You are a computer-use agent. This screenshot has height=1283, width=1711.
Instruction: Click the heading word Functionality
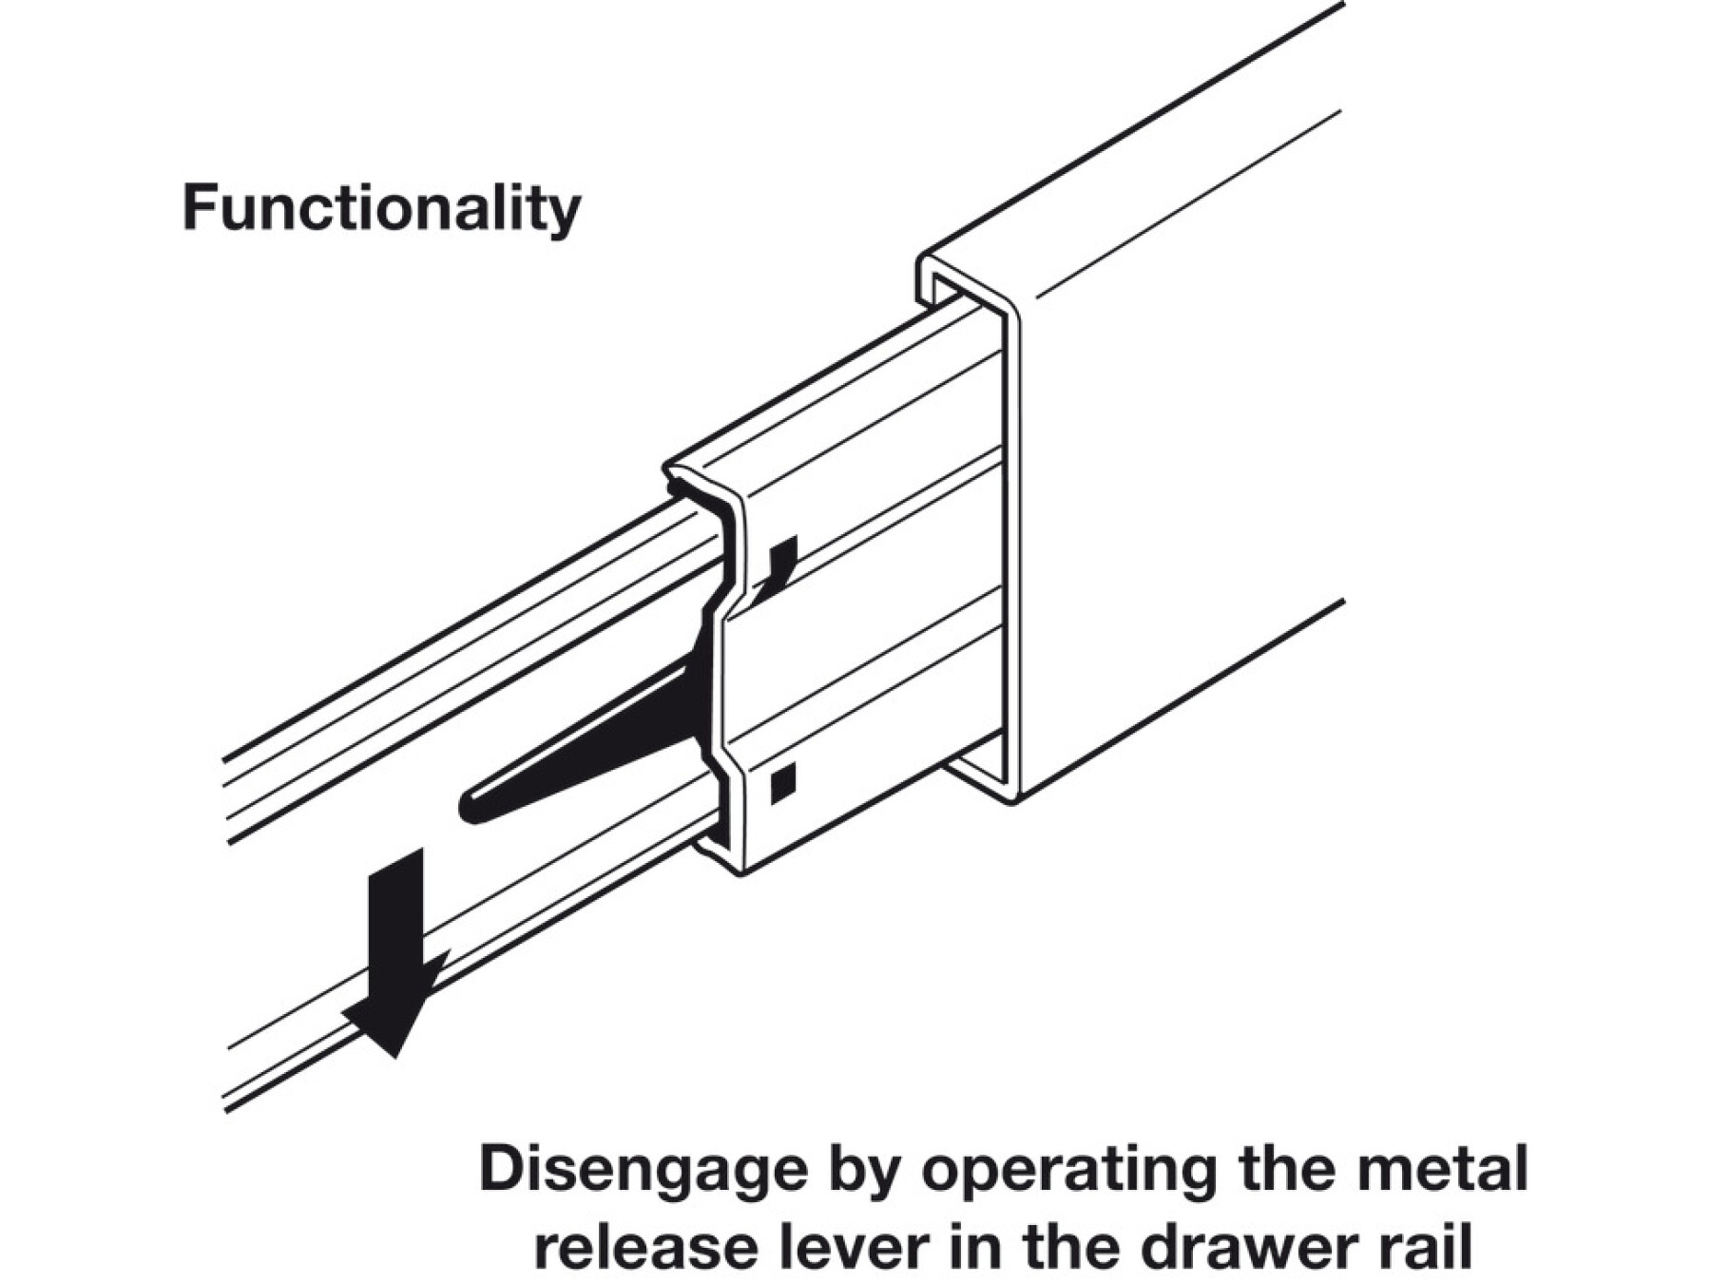pos(381,209)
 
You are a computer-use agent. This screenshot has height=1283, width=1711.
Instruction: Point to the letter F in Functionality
pos(198,209)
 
